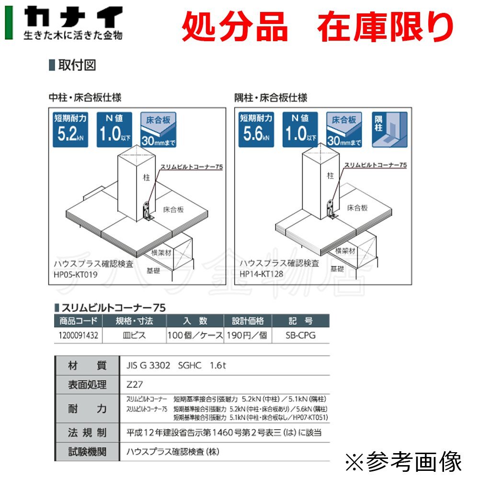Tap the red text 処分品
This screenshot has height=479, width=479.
pos(235,27)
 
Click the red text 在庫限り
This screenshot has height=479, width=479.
pos(385,27)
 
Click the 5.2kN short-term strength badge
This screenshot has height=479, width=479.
pos(69,129)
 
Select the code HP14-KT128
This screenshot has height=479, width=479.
pos(262,274)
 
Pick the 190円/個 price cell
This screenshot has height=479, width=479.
pos(247,335)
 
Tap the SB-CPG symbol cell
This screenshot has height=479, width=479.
pos(300,335)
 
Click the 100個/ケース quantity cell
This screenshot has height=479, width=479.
pos(195,335)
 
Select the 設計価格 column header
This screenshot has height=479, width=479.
pos(247,321)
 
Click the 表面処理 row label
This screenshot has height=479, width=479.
pos(87,384)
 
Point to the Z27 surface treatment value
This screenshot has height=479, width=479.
pos(136,384)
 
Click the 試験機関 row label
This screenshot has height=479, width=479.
pos(87,451)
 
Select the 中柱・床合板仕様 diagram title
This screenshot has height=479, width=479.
pos(85,98)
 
